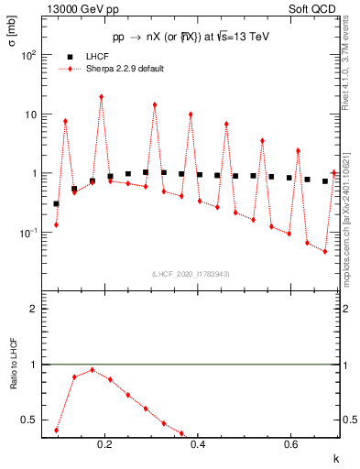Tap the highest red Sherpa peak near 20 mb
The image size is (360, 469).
click(x=101, y=96)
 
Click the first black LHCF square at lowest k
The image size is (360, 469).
click(x=56, y=203)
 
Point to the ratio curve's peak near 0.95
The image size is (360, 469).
click(x=92, y=370)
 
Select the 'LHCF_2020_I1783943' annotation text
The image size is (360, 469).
click(x=191, y=274)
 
